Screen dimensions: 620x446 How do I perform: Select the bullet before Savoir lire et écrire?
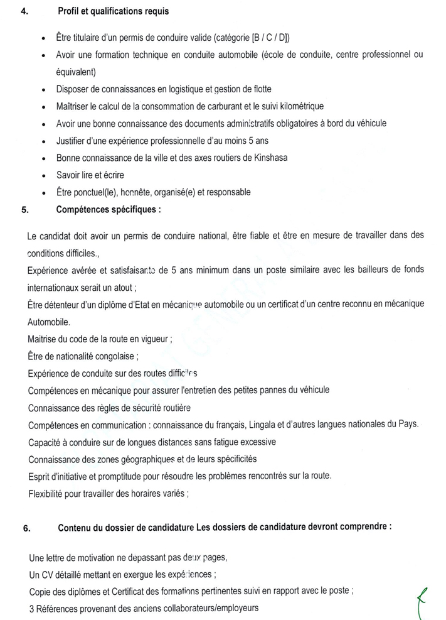tap(42, 175)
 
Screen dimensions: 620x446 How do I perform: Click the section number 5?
tap(24, 210)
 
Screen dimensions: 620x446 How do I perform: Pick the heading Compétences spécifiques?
tap(108, 210)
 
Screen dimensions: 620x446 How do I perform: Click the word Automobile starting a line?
tap(50, 321)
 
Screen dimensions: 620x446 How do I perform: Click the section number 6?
tap(26, 528)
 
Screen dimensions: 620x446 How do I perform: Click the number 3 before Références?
tap(31, 609)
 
